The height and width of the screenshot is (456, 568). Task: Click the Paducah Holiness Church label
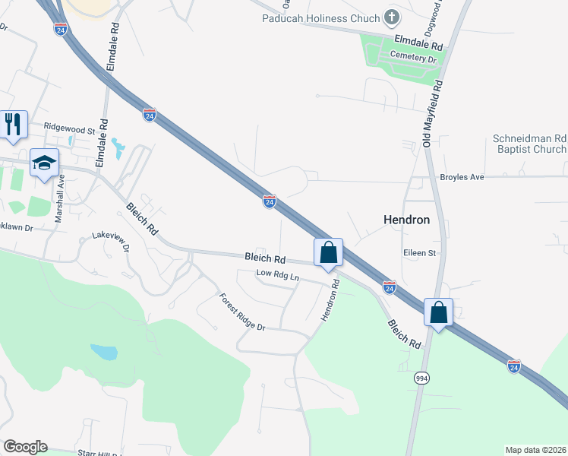click(x=320, y=18)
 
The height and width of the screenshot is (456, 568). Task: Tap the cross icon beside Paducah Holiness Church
click(x=391, y=17)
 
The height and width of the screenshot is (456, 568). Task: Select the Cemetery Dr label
click(x=414, y=56)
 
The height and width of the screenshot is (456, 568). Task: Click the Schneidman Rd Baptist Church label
click(x=529, y=144)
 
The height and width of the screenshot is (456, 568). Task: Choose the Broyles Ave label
click(x=462, y=177)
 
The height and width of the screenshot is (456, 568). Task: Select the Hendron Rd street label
click(x=329, y=300)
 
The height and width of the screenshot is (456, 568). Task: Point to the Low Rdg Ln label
click(x=278, y=275)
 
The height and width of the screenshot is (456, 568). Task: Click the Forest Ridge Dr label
click(x=241, y=312)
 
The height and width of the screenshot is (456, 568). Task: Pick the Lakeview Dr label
click(x=111, y=242)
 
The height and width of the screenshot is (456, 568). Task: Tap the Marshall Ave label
click(x=59, y=198)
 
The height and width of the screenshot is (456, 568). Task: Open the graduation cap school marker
click(x=44, y=163)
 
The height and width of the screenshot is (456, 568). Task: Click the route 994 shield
click(x=421, y=378)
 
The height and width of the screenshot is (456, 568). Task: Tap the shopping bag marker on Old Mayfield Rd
click(x=439, y=312)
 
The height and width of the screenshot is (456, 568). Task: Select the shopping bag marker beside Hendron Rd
click(x=328, y=253)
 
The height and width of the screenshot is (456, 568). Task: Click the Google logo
click(x=25, y=447)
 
